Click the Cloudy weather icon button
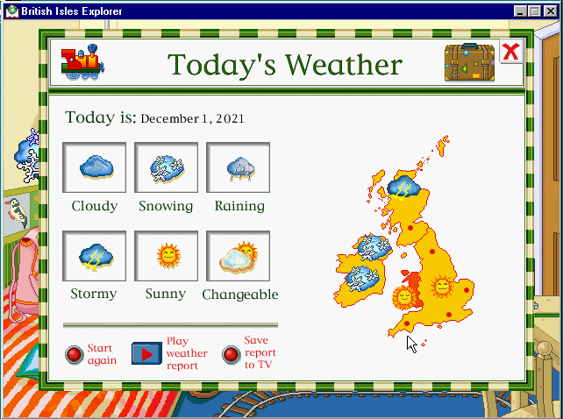click(95, 167)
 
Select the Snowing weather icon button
click(167, 167)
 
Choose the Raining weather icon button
click(238, 167)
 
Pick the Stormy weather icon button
click(95, 256)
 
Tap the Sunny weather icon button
click(167, 256)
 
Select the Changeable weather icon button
click(238, 256)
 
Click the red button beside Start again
click(75, 354)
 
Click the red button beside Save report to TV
click(231, 354)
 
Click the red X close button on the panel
click(511, 52)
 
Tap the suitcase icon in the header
click(469, 62)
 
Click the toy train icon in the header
click(82, 61)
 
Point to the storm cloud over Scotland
click(404, 187)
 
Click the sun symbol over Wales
click(404, 297)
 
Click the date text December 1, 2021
click(192, 119)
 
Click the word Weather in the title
click(344, 65)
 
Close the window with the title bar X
click(551, 11)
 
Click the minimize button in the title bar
click(520, 11)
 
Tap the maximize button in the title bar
click(534, 11)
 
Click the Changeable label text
click(240, 295)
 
